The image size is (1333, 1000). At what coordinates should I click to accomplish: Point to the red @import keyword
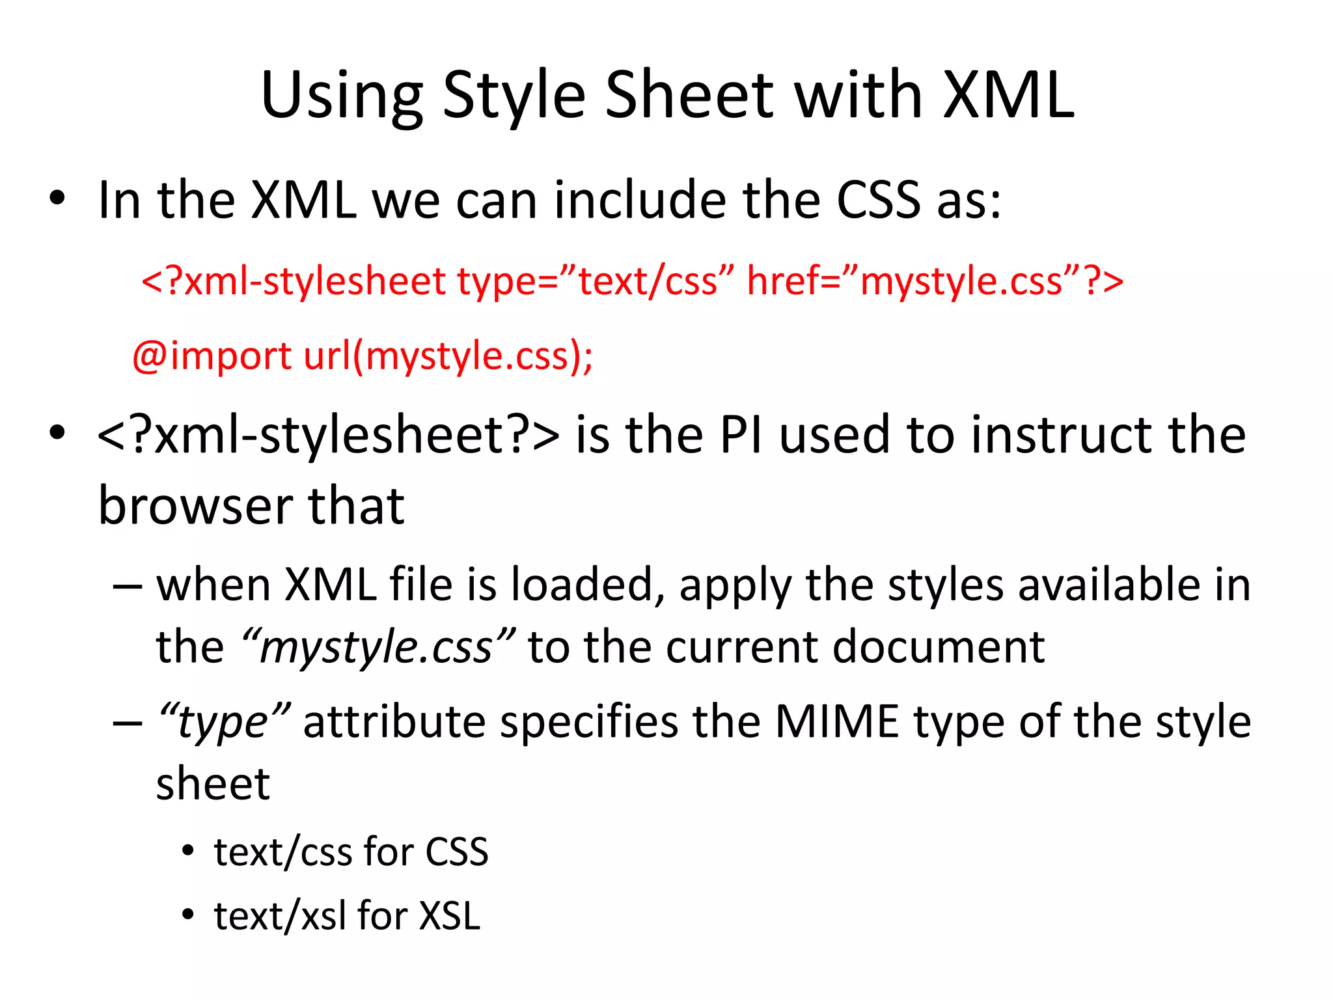(212, 357)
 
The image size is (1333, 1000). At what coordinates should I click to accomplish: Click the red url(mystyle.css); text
(448, 357)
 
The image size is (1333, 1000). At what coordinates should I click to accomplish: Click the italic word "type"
(225, 722)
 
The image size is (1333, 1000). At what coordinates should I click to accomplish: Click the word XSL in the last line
(450, 916)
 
